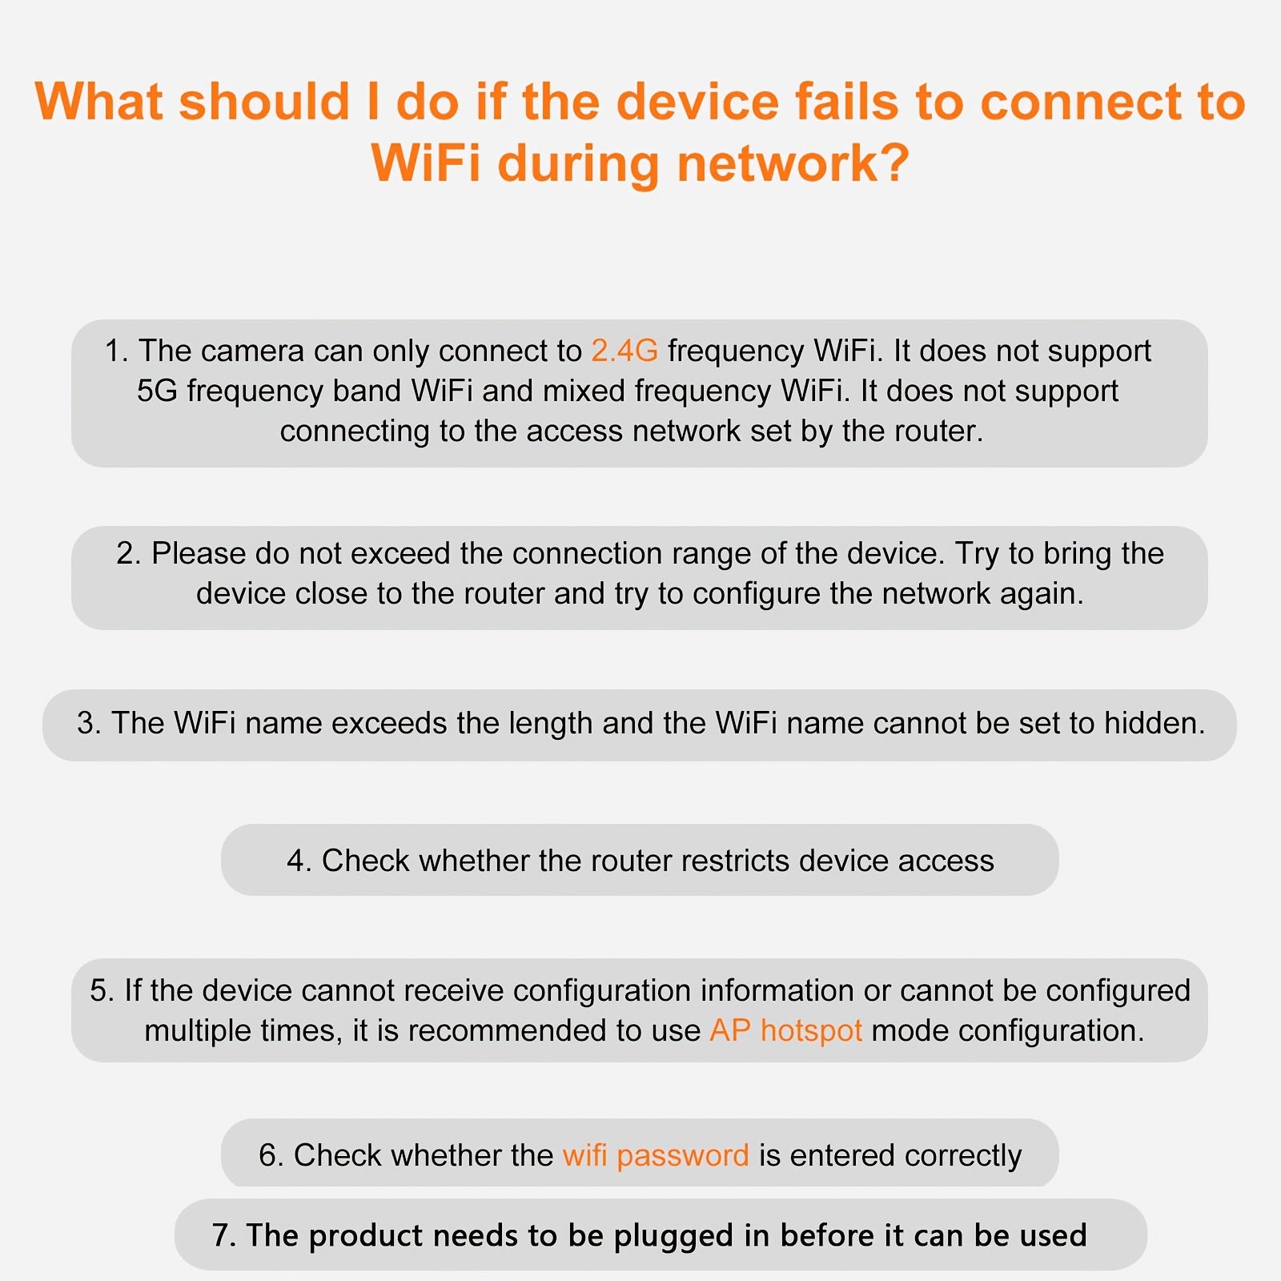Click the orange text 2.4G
coord(624,351)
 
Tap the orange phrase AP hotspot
coord(785,1030)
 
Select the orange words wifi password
coord(656,1156)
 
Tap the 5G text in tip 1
coord(157,391)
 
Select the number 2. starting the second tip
coord(129,553)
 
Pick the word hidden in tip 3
coord(1155,723)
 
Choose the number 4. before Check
coord(299,861)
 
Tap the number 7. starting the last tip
coord(223,1236)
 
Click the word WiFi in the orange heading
coord(426,163)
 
